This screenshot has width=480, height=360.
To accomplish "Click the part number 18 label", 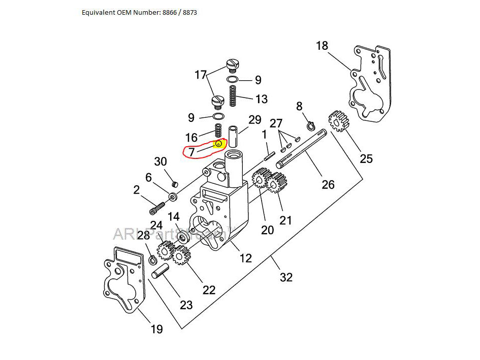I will point(322,46).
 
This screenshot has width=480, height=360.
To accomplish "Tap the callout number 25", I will point(366,158).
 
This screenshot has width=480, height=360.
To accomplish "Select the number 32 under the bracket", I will point(286,277).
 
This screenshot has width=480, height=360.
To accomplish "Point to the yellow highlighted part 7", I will point(219,144).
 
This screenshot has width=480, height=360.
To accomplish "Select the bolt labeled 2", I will point(157,207).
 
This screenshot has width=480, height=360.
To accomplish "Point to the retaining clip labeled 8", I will point(311,125).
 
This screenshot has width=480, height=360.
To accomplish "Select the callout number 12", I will point(245,258).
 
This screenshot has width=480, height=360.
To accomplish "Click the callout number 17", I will point(201,75).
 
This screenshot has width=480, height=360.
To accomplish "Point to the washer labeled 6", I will point(173,196).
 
